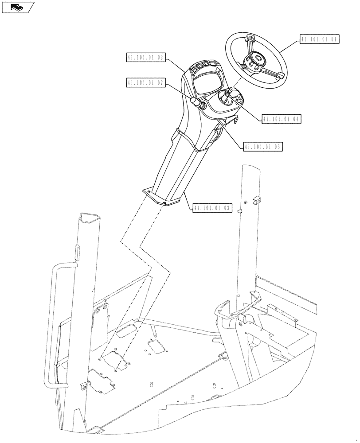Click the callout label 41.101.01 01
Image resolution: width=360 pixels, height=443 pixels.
319,39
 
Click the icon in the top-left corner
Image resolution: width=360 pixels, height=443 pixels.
17,7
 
